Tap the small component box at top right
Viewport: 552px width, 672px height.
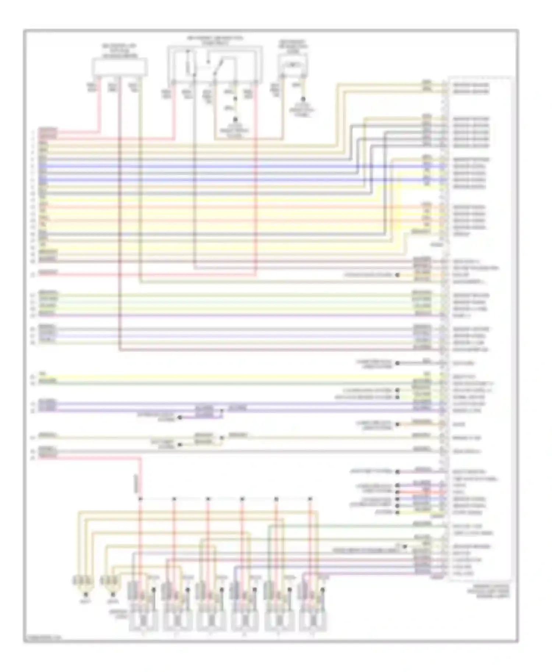point(293,65)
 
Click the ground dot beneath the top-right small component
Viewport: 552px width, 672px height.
point(304,99)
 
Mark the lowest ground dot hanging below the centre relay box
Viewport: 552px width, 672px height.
point(236,119)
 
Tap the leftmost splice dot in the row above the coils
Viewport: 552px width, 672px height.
point(140,499)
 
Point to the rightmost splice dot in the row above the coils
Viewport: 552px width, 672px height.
point(310,499)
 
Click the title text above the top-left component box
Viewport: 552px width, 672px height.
point(120,51)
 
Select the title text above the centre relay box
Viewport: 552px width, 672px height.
point(215,40)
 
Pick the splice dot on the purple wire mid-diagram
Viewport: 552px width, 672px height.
point(222,410)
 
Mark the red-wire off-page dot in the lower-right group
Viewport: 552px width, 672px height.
point(397,492)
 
